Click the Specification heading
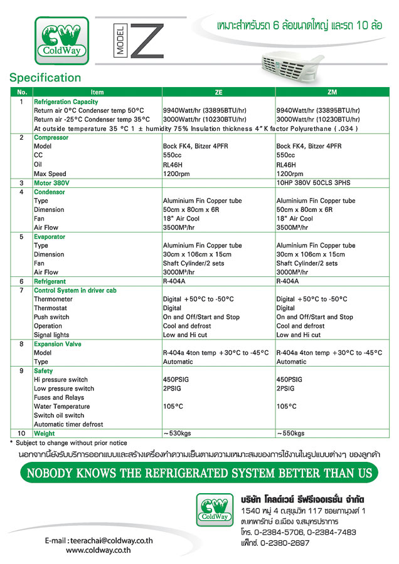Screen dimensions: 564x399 tap(45, 78)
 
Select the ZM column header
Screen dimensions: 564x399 tap(332, 92)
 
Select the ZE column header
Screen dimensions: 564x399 tap(218, 92)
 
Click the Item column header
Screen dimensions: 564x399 tap(97, 92)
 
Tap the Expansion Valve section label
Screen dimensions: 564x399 tap(57, 344)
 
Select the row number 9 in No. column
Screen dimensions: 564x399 tap(21, 371)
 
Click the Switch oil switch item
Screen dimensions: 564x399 tap(59, 415)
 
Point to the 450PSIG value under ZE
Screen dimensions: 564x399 tap(176, 380)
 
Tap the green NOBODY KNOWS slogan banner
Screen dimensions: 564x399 tap(199, 472)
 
